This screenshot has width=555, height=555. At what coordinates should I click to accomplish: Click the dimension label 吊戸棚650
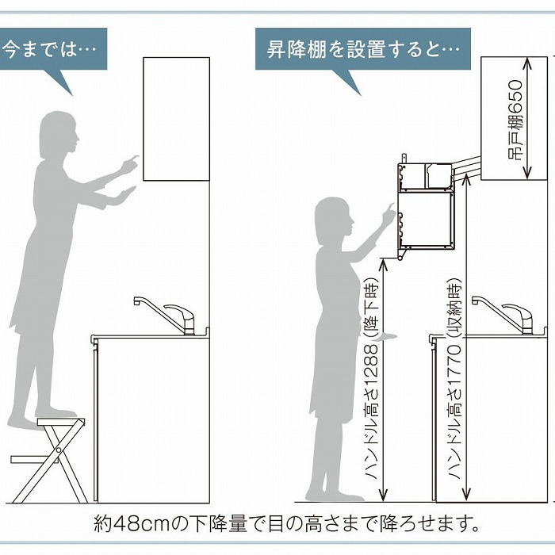[515, 120]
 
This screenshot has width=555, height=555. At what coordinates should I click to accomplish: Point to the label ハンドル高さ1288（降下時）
[372, 379]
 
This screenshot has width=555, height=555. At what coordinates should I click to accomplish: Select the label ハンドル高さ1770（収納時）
[454, 379]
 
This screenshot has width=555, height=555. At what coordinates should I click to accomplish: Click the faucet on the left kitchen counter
[165, 315]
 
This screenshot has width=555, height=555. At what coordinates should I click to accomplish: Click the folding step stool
[49, 460]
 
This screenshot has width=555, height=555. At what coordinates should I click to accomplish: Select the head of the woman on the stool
[59, 136]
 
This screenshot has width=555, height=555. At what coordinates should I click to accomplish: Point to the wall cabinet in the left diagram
[176, 119]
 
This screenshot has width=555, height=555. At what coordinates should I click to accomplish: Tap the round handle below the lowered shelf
[400, 258]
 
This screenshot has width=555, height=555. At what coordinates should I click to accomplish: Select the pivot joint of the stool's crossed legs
[58, 450]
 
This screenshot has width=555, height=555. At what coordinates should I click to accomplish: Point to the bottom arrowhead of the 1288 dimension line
[383, 496]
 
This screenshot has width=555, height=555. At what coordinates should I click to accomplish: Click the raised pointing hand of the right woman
[388, 214]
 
